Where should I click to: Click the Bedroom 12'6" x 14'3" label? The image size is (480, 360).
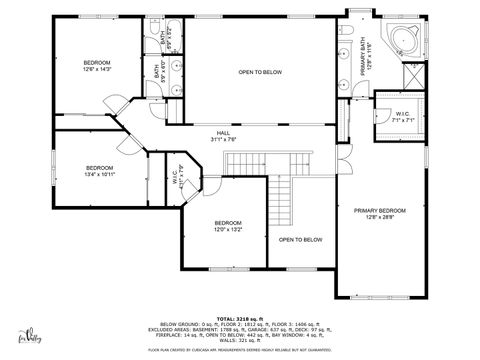[97, 66]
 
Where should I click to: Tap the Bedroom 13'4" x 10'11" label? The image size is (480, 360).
[99, 170]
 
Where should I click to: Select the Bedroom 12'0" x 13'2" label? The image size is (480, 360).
[228, 226]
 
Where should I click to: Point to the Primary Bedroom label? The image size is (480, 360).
[380, 213]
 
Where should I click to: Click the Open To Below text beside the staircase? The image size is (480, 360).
[300, 240]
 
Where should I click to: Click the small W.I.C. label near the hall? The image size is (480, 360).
[175, 181]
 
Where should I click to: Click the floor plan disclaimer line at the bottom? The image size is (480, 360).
[239, 350]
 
